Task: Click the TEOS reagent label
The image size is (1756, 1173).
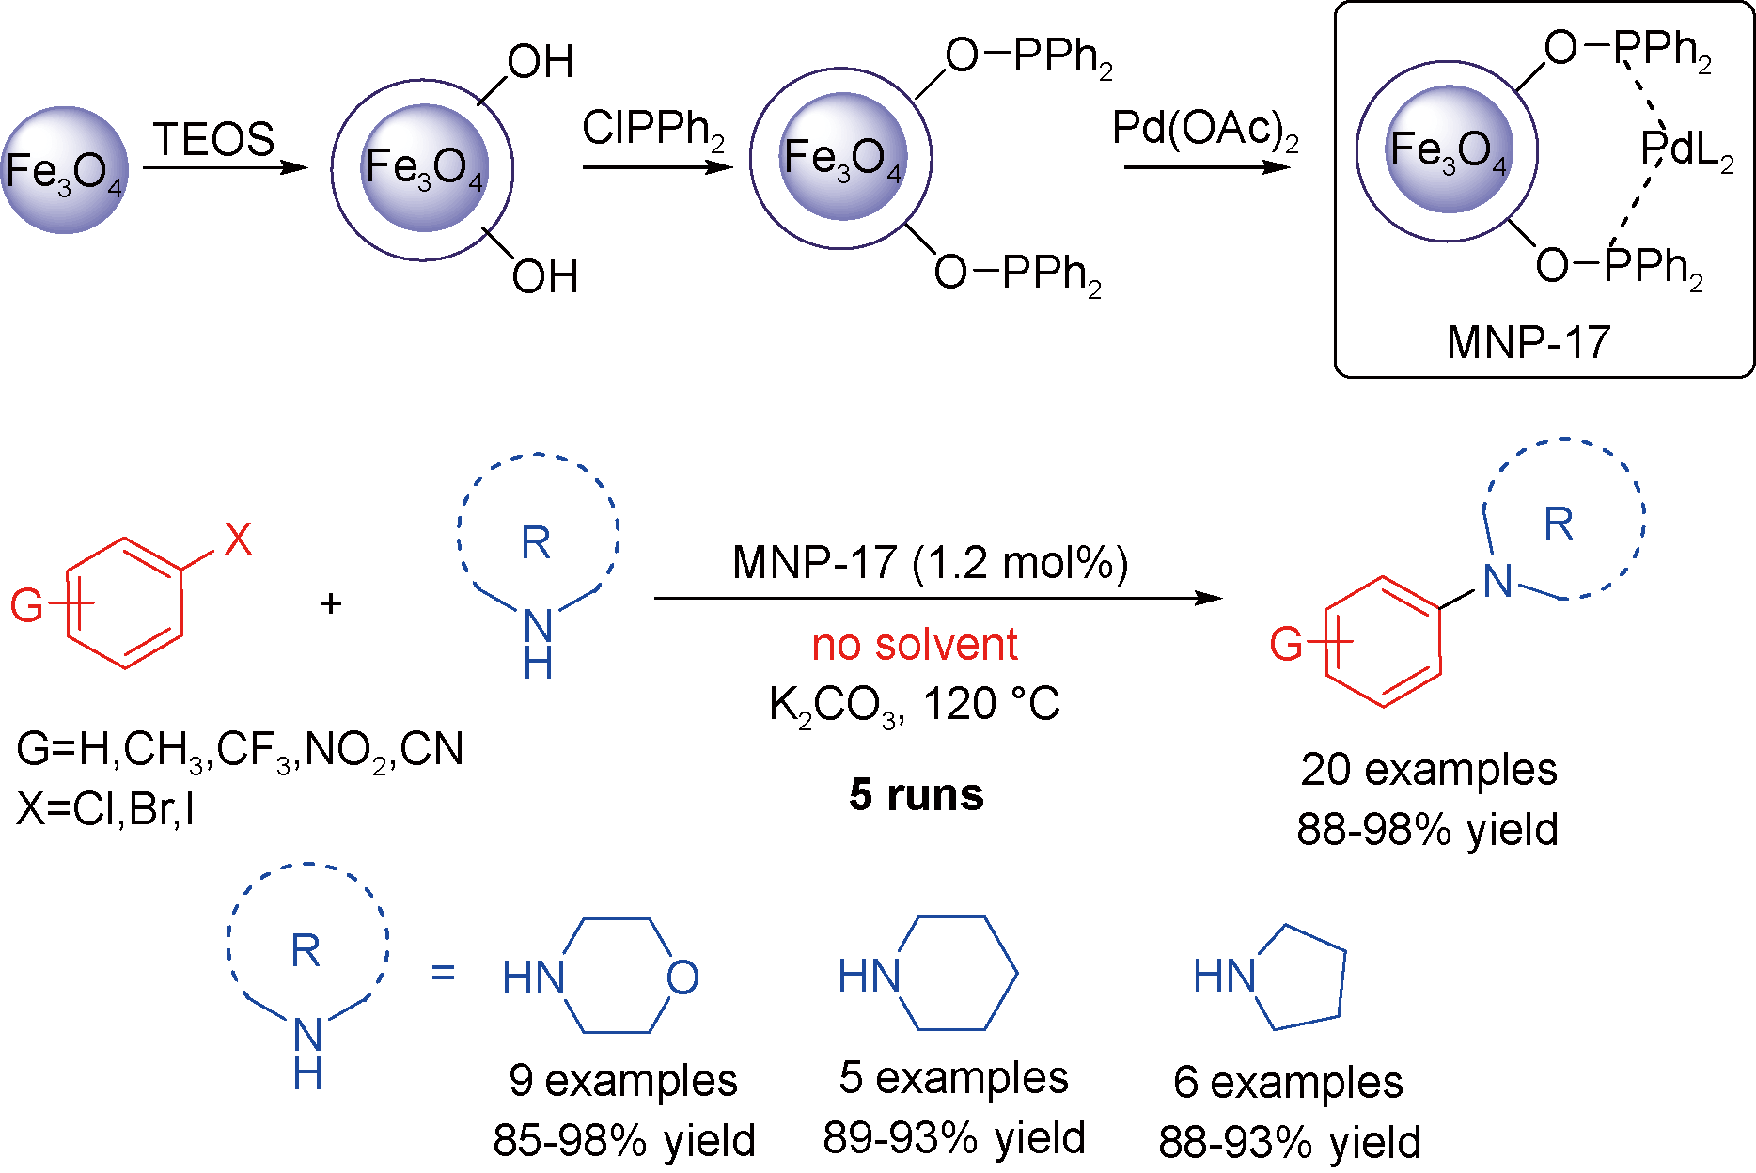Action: click(214, 140)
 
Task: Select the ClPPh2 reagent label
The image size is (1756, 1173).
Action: click(652, 129)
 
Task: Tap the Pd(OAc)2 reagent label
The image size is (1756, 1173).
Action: click(1205, 129)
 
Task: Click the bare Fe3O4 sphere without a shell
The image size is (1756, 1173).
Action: click(64, 170)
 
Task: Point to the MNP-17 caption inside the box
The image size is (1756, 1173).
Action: click(1529, 342)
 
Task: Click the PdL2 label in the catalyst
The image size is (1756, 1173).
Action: click(1686, 149)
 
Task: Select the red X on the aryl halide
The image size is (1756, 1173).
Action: click(238, 540)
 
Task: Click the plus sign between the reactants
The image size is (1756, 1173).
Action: click(330, 603)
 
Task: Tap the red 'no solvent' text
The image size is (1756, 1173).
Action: click(915, 645)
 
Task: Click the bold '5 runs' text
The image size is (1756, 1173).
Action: click(917, 795)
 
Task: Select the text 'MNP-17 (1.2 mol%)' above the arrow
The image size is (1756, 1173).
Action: click(930, 563)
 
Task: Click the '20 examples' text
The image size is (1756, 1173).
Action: click(1429, 770)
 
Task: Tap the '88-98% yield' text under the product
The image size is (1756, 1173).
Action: click(1427, 829)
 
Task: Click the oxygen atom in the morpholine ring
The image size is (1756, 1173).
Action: click(682, 978)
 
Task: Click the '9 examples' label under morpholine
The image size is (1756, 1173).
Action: click(623, 1081)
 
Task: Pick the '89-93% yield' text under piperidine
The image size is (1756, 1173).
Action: click(954, 1138)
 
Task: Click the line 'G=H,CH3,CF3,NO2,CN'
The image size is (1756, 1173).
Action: click(240, 750)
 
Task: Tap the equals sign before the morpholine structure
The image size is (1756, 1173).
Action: click(443, 972)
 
